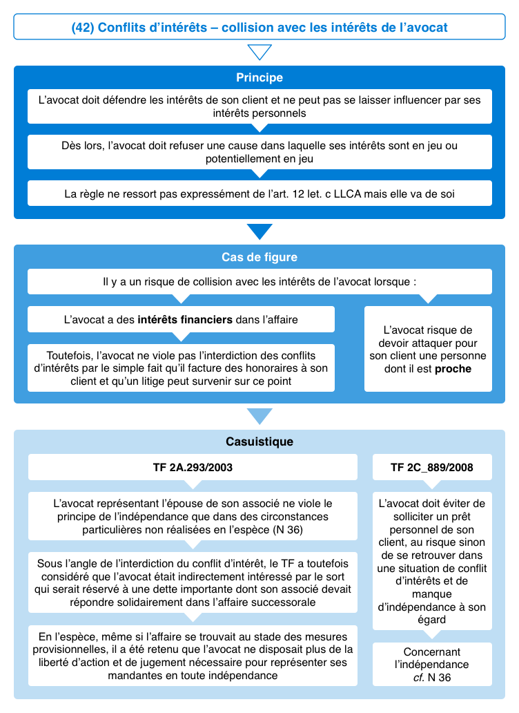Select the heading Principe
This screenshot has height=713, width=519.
pyautogui.click(x=259, y=77)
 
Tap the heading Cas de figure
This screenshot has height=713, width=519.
pyautogui.click(x=259, y=257)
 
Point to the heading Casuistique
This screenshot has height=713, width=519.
pyautogui.click(x=259, y=441)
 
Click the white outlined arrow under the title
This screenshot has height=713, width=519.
pyautogui.click(x=259, y=52)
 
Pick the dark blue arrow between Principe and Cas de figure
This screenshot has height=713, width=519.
pyautogui.click(x=259, y=231)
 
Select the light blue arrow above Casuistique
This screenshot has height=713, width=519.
pyautogui.click(x=259, y=416)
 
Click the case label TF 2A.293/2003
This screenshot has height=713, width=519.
pyautogui.click(x=193, y=467)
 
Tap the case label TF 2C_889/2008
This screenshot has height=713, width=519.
pyautogui.click(x=432, y=467)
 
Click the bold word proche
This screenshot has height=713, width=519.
pyautogui.click(x=453, y=369)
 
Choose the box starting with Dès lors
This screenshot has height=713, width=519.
pyautogui.click(x=259, y=152)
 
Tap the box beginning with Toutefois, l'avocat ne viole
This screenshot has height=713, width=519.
pyautogui.click(x=181, y=368)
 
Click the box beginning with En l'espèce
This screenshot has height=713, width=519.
pyautogui.click(x=193, y=656)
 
